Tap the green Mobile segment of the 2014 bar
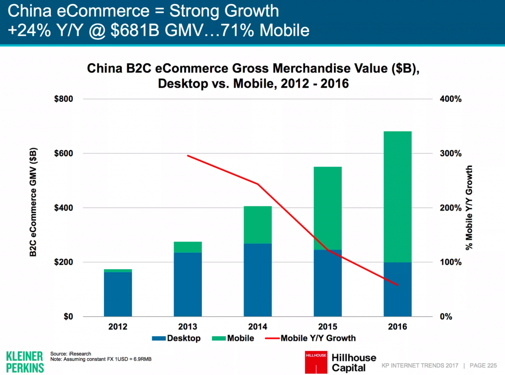[x=258, y=225]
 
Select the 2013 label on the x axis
[x=188, y=327]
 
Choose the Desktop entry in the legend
[x=178, y=338]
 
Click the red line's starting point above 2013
[x=188, y=156]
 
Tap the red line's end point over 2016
[x=397, y=285]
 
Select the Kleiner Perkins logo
[x=24, y=361]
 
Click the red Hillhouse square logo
[x=314, y=361]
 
